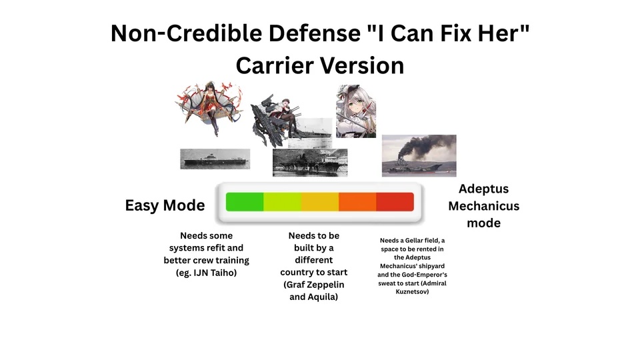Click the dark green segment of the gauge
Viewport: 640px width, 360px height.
pyautogui.click(x=245, y=201)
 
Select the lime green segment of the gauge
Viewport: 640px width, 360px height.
pyautogui.click(x=283, y=201)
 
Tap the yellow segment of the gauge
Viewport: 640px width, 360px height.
pyautogui.click(x=320, y=201)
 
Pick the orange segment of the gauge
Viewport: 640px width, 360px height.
pyautogui.click(x=357, y=201)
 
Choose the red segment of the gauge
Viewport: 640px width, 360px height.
pyautogui.click(x=395, y=201)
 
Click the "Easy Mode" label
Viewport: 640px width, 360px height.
pyautogui.click(x=165, y=205)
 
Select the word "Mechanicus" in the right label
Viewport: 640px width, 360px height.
pyautogui.click(x=484, y=206)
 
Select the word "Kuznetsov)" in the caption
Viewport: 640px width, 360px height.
pyautogui.click(x=412, y=292)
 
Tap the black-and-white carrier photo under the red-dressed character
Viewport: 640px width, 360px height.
pyautogui.click(x=215, y=159)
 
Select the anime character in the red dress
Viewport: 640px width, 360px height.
pyautogui.click(x=209, y=107)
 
